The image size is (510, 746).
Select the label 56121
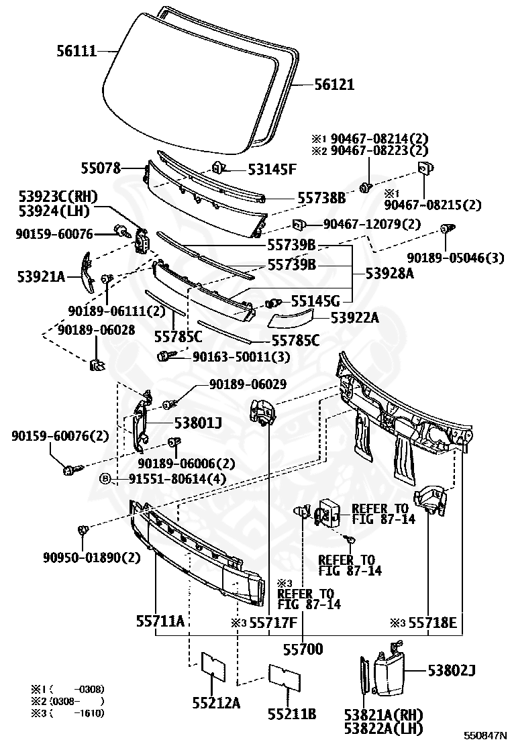pyautogui.click(x=334, y=85)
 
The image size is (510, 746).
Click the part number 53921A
pyautogui.click(x=40, y=274)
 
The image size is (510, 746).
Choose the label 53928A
pyautogui.click(x=390, y=274)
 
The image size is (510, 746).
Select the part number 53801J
pyautogui.click(x=198, y=423)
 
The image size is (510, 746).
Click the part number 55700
pyautogui.click(x=302, y=649)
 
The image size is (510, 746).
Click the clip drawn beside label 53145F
pyautogui.click(x=218, y=167)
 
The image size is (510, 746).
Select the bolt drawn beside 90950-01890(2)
pyautogui.click(x=82, y=531)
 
